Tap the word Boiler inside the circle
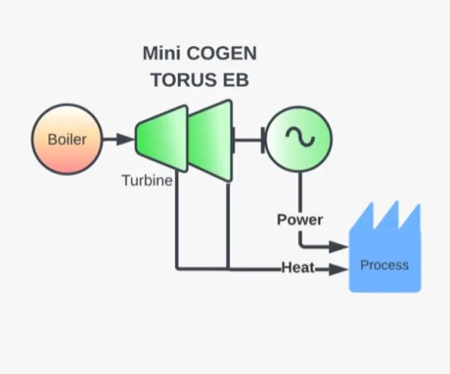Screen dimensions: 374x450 pyautogui.click(x=67, y=139)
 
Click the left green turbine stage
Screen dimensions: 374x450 pyautogui.click(x=162, y=139)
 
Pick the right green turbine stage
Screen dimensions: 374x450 pyautogui.click(x=211, y=140)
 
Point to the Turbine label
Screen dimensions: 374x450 pyautogui.click(x=147, y=180)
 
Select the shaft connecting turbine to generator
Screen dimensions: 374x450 pyautogui.click(x=248, y=139)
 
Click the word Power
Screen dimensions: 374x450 pyautogui.click(x=299, y=219)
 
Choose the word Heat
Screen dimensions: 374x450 pyautogui.click(x=298, y=268)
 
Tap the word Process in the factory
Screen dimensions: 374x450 pyautogui.click(x=384, y=265)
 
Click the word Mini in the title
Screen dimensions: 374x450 pyautogui.click(x=162, y=53)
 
